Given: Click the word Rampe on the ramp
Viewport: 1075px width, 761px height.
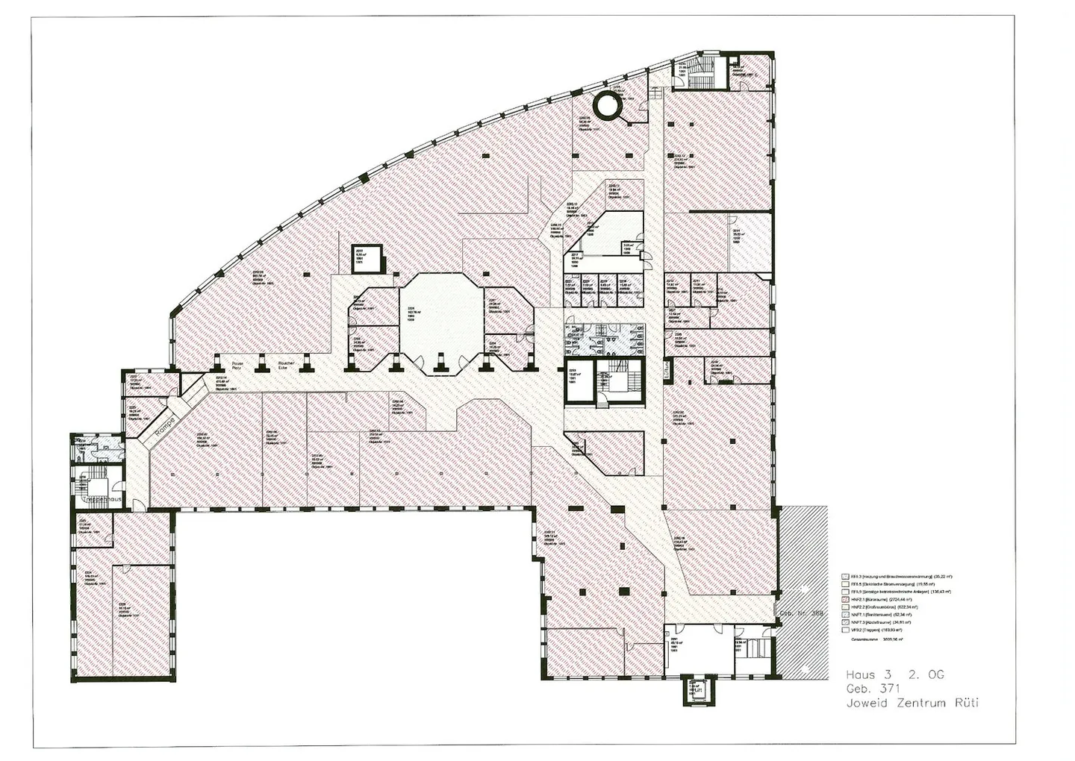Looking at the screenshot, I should (x=164, y=428).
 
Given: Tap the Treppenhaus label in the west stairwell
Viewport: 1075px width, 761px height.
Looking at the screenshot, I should (x=104, y=498).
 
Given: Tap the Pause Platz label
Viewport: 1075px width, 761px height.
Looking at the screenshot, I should (x=237, y=366).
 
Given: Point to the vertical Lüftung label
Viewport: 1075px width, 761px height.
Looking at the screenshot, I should (x=668, y=372).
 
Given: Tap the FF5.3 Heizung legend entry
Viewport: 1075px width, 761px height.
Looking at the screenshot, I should (x=899, y=577).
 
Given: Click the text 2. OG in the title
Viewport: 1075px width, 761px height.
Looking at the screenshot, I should (x=926, y=674).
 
